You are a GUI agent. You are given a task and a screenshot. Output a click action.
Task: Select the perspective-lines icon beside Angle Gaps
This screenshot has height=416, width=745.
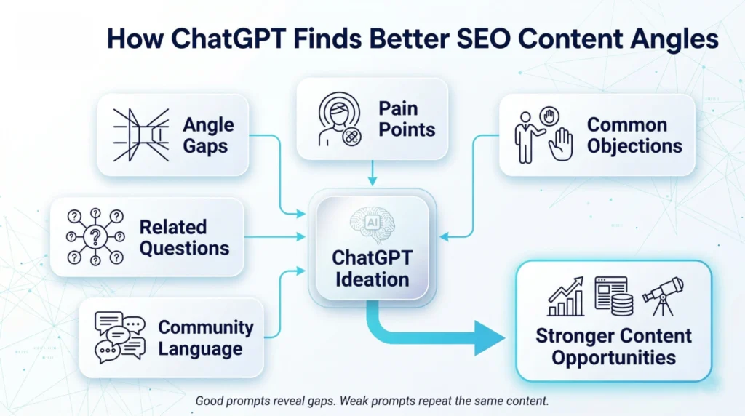pyautogui.click(x=141, y=135)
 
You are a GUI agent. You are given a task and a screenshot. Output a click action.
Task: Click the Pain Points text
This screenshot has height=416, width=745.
pyautogui.click(x=407, y=119)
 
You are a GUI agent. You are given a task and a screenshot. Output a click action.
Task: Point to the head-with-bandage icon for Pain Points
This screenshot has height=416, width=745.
pyautogui.click(x=340, y=119)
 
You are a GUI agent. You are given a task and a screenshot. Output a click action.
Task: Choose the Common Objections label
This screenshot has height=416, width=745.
pyautogui.click(x=634, y=135)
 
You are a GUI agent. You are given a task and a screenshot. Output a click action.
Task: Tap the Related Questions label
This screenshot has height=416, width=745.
pyautogui.click(x=184, y=237)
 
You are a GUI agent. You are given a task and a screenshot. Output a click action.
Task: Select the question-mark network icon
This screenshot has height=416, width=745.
pyautogui.click(x=94, y=237)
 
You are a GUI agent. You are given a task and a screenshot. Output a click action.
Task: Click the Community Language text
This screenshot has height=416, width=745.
pyautogui.click(x=205, y=337)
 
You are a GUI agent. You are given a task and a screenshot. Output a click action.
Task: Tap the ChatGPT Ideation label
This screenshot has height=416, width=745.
pyautogui.click(x=371, y=268)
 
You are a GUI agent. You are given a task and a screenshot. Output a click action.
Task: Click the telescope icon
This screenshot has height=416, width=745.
pyautogui.click(x=663, y=295)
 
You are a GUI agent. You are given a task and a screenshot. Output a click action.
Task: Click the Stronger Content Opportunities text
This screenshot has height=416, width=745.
pyautogui.click(x=613, y=347)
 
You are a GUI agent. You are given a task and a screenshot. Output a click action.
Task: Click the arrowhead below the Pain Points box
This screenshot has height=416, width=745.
pyautogui.click(x=372, y=180)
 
